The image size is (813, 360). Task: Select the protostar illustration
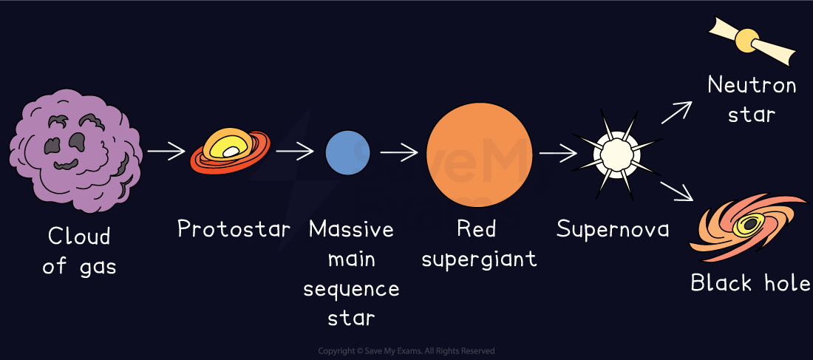point(230,152)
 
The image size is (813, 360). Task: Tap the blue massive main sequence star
point(347,152)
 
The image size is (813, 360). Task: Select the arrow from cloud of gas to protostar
point(166,152)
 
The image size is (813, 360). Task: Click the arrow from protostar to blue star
point(295,152)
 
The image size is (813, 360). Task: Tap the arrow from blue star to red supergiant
point(399,152)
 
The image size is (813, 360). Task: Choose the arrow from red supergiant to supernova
point(558,154)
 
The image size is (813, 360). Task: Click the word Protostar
point(234,229)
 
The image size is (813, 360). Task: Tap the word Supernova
point(613,229)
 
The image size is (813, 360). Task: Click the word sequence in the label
point(351,289)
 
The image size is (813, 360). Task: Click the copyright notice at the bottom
point(406,351)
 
